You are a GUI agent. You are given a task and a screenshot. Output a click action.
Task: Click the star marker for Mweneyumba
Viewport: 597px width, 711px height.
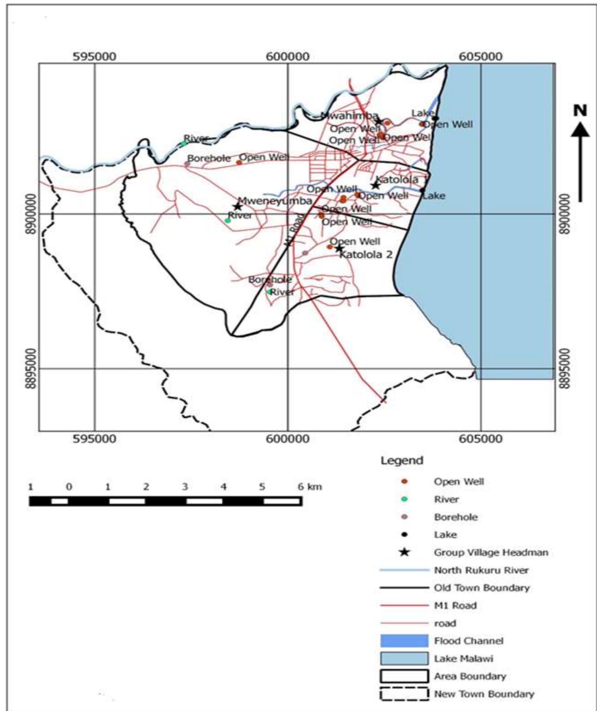point(237,206)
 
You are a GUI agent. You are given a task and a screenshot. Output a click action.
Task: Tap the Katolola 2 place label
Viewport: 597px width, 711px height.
point(366,254)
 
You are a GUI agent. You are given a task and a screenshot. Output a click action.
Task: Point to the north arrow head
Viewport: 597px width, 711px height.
point(580,130)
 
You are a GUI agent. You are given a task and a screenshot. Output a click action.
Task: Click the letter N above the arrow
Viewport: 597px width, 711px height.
point(580,110)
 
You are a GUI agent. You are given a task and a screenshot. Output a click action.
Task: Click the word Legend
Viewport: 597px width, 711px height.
point(402,461)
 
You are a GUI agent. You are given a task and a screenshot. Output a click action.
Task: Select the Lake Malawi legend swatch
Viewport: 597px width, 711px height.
point(404,658)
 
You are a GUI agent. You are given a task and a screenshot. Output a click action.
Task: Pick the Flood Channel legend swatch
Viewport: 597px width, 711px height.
point(404,641)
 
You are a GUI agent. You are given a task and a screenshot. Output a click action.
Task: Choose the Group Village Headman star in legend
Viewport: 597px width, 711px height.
point(404,553)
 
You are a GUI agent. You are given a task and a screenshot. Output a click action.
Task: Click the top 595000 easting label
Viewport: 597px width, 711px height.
point(95,57)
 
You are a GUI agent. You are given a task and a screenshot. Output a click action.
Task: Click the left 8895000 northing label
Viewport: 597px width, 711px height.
point(31,369)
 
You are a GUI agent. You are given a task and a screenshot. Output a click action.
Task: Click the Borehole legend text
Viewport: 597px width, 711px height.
point(456,517)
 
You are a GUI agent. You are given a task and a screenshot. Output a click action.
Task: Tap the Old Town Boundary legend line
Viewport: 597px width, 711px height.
point(404,588)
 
